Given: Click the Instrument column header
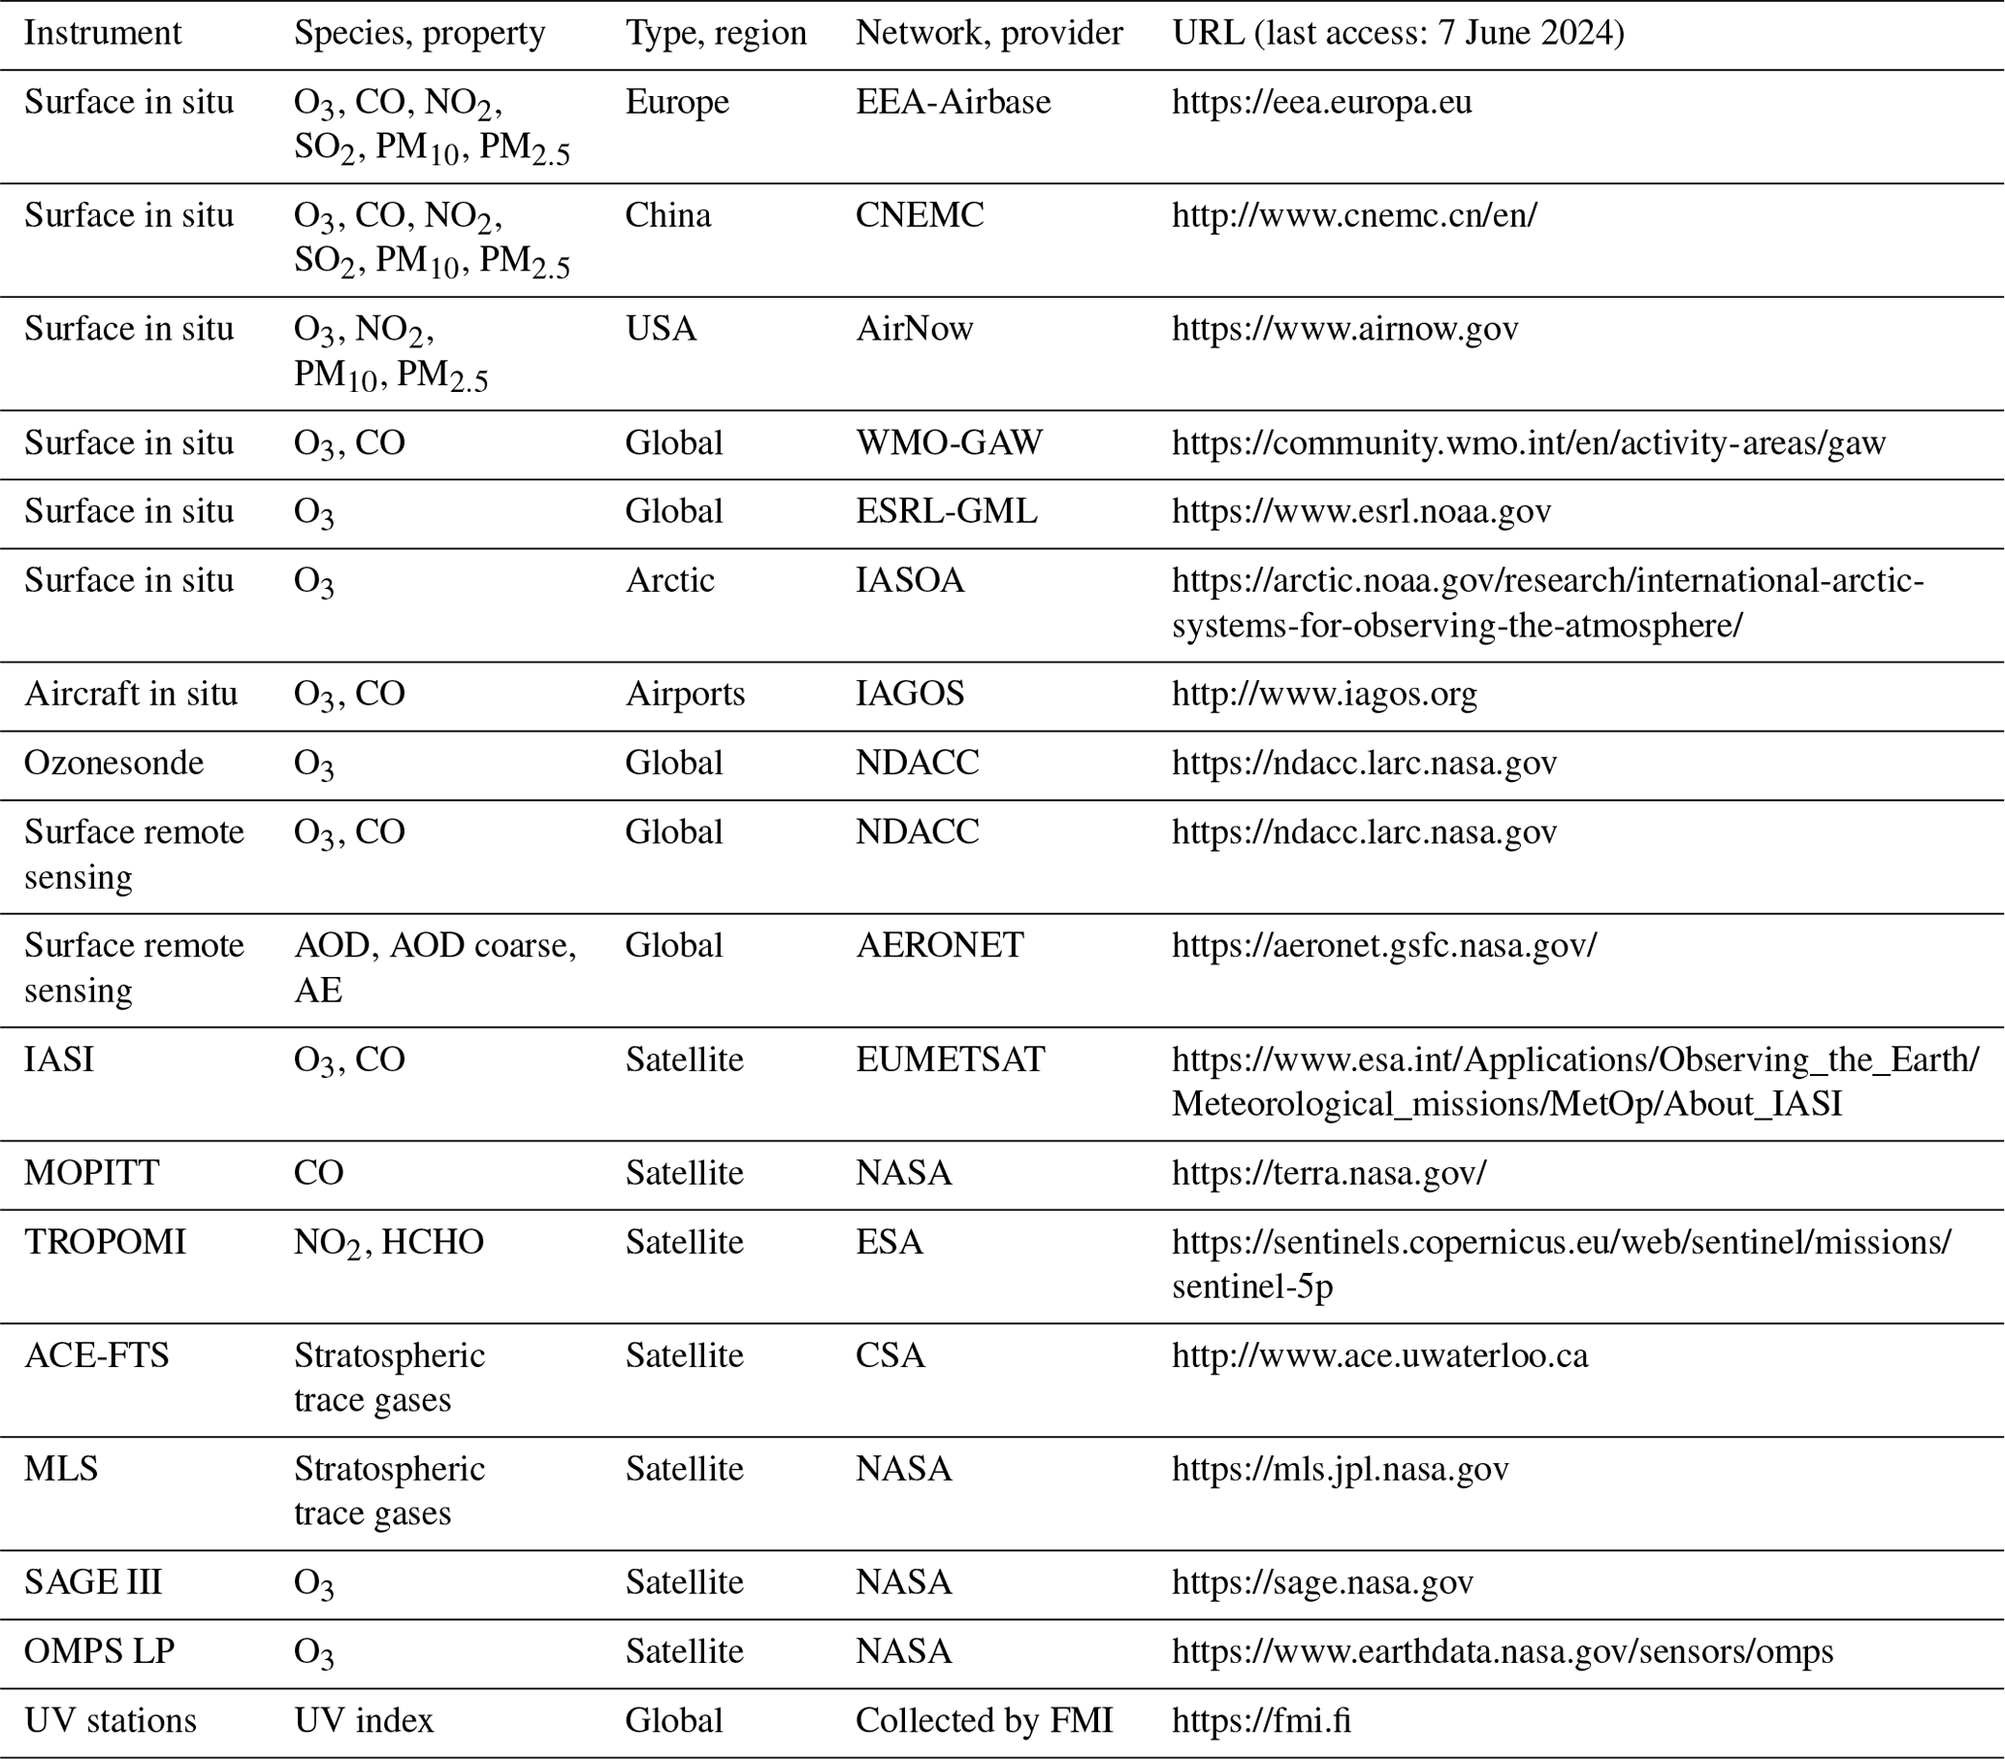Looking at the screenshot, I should [102, 33].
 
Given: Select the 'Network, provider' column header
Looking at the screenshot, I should [987, 33].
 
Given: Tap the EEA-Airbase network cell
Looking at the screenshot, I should [953, 102].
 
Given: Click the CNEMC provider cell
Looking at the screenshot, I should [920, 214].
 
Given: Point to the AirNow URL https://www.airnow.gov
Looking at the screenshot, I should [1344, 328].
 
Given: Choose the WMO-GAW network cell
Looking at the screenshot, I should [949, 442].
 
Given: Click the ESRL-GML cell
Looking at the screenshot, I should [946, 511].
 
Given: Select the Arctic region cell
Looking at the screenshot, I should [670, 580].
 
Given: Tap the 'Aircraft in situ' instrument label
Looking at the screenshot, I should [130, 694].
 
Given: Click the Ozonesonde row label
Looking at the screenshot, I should [113, 763].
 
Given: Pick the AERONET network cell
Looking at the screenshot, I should [939, 945].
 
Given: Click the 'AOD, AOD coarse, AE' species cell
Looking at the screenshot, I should [435, 966].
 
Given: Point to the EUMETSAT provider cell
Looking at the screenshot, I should [950, 1059].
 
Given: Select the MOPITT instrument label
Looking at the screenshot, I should [91, 1172].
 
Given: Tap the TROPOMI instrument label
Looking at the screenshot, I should [105, 1241].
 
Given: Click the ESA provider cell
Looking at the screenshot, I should [889, 1241].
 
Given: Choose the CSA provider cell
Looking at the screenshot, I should [889, 1354].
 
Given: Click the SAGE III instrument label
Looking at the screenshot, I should [93, 1581].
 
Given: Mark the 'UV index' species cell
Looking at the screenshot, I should [363, 1720].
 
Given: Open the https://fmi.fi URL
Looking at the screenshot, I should [1261, 1720].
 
